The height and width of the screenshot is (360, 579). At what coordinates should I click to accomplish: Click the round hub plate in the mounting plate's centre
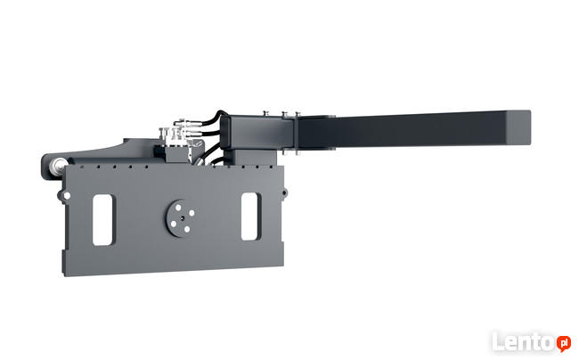pos(181,218)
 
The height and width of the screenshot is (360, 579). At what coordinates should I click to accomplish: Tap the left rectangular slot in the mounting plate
pos(102,220)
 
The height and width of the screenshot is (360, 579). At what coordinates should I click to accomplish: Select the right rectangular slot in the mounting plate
pos(249,217)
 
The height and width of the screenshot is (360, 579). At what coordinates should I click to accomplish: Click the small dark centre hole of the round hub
pos(182,217)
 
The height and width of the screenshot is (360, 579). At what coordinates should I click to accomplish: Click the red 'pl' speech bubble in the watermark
pos(564,343)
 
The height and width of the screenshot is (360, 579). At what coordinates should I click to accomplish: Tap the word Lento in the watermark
pos(524,342)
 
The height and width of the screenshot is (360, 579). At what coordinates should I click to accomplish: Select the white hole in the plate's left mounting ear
pos(67,195)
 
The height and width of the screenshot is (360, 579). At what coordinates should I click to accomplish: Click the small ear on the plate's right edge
pos(285,192)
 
